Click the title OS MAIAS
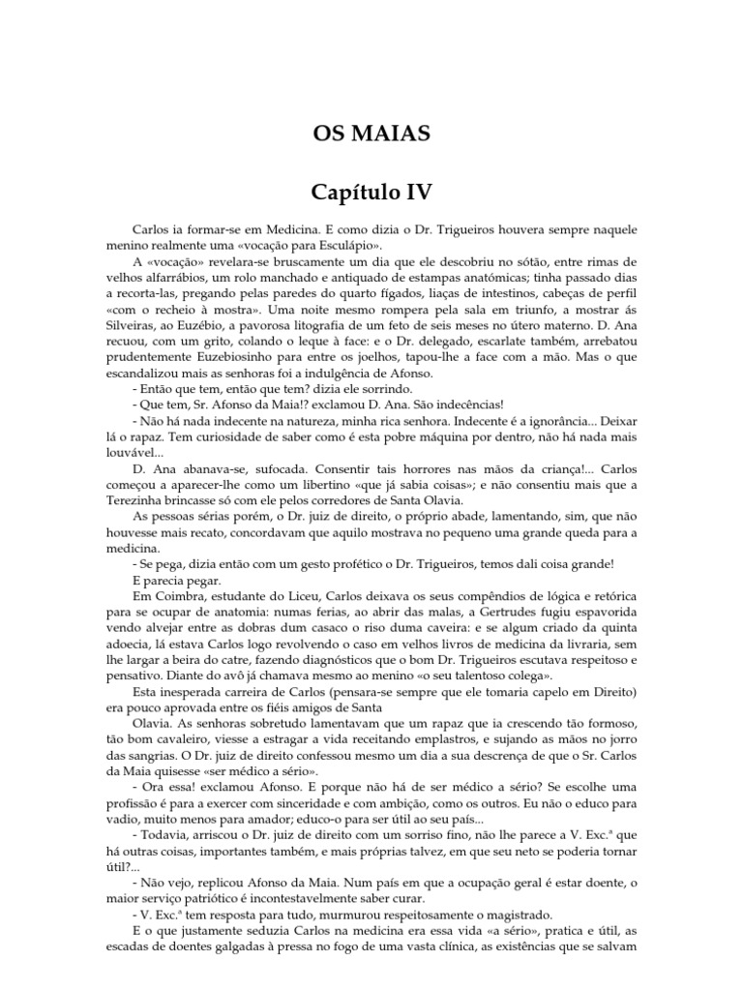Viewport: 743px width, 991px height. (371, 132)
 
